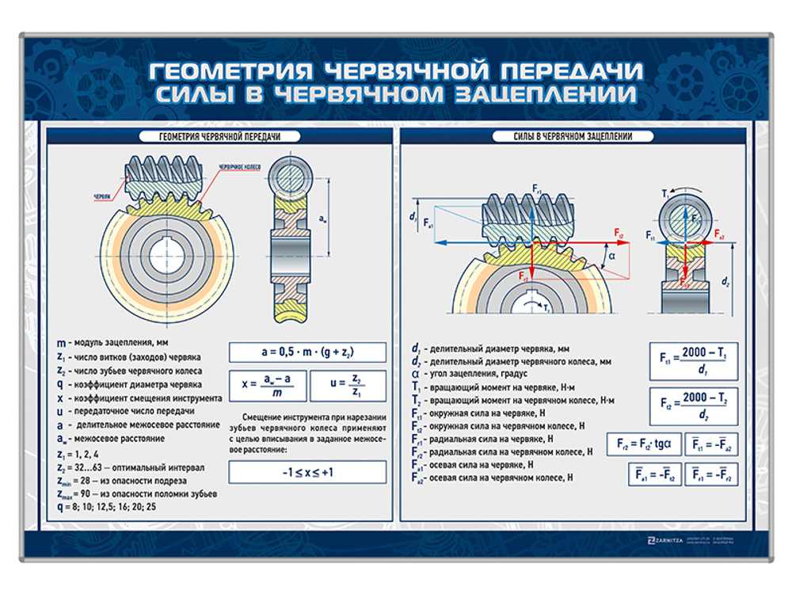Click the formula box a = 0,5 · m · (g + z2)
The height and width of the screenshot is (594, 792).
tap(307, 352)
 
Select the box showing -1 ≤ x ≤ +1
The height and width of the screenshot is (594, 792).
tap(307, 472)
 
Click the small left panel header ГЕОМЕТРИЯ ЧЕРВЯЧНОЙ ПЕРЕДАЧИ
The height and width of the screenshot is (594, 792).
tap(210, 137)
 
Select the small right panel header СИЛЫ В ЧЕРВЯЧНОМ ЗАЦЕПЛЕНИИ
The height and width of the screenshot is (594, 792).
tap(574, 137)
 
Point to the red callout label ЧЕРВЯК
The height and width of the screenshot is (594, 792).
tap(103, 195)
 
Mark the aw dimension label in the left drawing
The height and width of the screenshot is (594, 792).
tap(322, 217)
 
